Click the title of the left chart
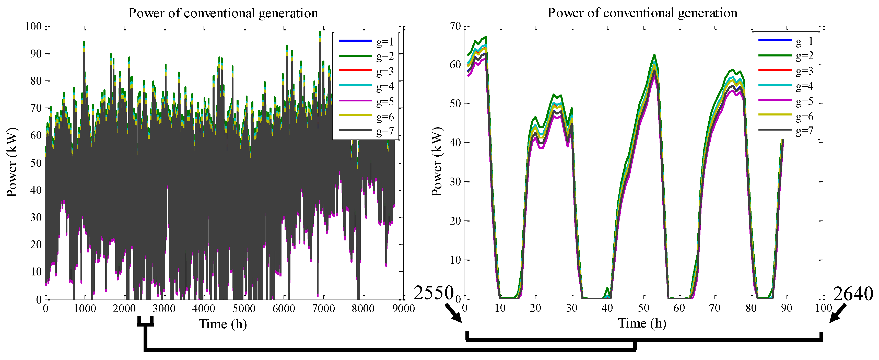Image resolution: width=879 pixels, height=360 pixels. (223, 13)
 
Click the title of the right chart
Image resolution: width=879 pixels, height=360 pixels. (642, 13)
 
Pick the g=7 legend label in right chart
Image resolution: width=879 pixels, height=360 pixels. (804, 131)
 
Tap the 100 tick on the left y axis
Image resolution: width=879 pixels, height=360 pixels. (33, 27)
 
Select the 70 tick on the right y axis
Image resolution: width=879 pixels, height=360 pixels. (455, 26)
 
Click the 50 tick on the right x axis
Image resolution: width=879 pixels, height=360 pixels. (643, 308)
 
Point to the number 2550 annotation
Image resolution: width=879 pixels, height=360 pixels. (433, 293)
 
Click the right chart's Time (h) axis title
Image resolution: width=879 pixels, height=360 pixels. (642, 323)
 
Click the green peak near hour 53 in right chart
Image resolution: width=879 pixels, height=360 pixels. (654, 55)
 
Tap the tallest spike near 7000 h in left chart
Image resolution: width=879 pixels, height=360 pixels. (320, 32)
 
